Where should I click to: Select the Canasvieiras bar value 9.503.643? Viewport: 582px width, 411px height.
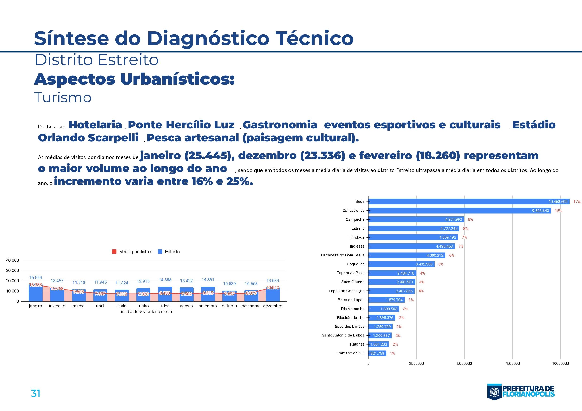(540, 211)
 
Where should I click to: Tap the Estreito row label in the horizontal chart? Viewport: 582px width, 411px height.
(358, 228)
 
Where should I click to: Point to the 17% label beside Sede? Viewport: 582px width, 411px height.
(577, 202)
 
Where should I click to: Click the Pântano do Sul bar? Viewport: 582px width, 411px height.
(377, 353)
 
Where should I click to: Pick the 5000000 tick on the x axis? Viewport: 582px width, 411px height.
(464, 363)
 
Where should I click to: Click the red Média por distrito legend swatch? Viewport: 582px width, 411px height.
(114, 252)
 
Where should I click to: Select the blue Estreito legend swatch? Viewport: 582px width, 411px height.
(160, 252)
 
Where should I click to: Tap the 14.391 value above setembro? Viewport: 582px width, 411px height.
(208, 279)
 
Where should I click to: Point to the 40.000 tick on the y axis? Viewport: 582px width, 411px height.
(12, 260)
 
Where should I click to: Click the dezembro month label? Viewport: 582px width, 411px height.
(272, 306)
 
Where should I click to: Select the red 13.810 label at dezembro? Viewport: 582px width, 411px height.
(272, 287)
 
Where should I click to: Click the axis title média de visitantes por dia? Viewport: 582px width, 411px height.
(146, 312)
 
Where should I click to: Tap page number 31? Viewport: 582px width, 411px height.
(35, 393)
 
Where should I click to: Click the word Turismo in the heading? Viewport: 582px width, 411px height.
(63, 98)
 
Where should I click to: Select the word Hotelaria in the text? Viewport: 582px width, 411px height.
(95, 125)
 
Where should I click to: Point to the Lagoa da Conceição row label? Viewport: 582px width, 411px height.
(347, 291)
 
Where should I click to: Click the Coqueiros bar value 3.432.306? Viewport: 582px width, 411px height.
(424, 264)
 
